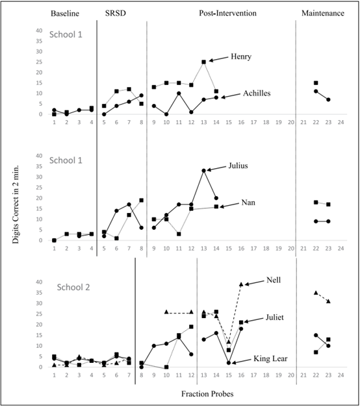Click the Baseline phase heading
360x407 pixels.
(65, 14)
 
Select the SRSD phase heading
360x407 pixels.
(116, 13)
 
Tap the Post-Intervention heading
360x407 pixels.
(227, 13)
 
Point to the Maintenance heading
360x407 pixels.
(323, 13)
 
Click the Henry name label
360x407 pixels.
(241, 56)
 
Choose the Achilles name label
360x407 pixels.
(257, 93)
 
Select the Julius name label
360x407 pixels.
(238, 166)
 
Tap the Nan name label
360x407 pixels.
(248, 203)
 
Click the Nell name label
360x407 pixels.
(274, 280)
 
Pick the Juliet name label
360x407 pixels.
(274, 317)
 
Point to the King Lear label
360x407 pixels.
(270, 359)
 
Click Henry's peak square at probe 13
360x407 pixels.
(204, 62)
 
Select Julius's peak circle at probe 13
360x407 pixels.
(204, 171)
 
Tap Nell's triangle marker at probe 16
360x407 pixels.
(241, 284)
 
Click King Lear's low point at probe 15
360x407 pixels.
(229, 363)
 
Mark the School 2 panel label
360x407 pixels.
(73, 288)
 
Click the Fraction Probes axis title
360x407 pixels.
(207, 394)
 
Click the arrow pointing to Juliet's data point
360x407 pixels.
(253, 320)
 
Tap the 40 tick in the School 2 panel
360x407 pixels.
(39, 282)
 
